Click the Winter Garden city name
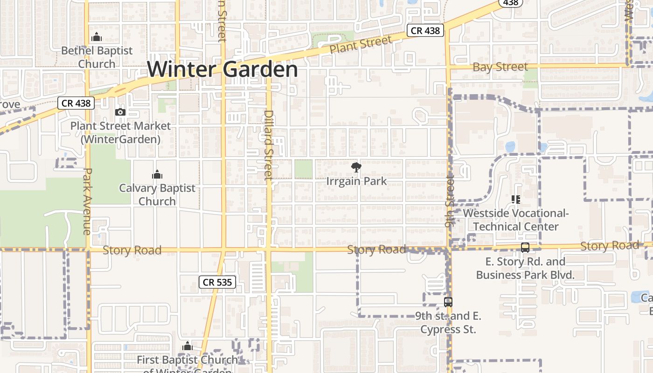click(x=222, y=69)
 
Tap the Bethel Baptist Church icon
click(x=97, y=37)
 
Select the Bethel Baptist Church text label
click(x=97, y=57)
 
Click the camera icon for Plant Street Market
click(x=120, y=112)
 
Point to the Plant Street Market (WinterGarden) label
click(x=120, y=132)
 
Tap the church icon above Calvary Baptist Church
click(x=157, y=175)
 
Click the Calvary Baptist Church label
click(x=157, y=194)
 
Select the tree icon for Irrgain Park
click(x=356, y=167)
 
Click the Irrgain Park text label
click(x=356, y=181)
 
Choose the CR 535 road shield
click(x=217, y=282)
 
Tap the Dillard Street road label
click(x=268, y=145)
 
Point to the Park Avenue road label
click(x=87, y=201)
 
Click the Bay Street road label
click(x=500, y=67)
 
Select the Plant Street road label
click(x=361, y=45)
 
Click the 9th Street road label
click(x=449, y=200)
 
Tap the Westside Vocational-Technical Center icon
click(x=515, y=200)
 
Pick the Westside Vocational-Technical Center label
click(x=515, y=220)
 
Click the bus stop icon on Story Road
click(x=525, y=248)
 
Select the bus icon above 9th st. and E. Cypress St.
click(x=448, y=302)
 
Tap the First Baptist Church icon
click(x=188, y=346)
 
